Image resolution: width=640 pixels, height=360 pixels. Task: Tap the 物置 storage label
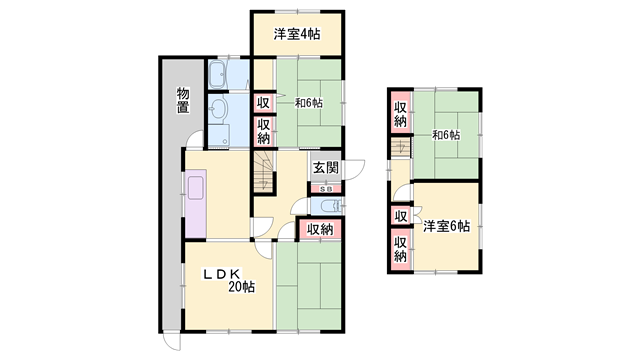point(183,101)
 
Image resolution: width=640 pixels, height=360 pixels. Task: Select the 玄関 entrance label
point(325,168)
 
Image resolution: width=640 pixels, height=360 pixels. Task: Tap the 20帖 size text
point(239,287)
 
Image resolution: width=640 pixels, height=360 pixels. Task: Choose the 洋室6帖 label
point(445,226)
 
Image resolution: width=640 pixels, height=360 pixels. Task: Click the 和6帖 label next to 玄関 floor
point(308,102)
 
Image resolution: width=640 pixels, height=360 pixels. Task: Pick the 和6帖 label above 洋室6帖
point(446,135)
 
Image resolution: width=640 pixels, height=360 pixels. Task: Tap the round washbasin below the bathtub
point(220,108)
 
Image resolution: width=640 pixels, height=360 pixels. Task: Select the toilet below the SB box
point(327,206)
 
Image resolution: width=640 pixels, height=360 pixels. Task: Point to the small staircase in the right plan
point(400,149)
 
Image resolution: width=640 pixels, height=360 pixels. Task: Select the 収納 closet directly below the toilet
point(320,231)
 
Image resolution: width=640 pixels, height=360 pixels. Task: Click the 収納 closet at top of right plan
point(400,114)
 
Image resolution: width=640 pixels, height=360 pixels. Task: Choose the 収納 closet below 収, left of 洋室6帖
point(400,247)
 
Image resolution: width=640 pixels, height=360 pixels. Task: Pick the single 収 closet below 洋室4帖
point(263,102)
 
